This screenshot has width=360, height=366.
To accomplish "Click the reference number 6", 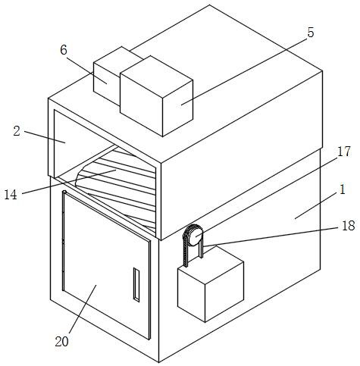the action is pyautogui.click(x=64, y=50).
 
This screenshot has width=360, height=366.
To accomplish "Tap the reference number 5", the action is pyautogui.click(x=311, y=33).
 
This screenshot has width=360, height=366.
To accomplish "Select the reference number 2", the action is pyautogui.click(x=17, y=131).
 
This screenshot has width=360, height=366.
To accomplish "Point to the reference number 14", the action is pyautogui.click(x=11, y=195).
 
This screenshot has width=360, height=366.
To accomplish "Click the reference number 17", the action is pyautogui.click(x=344, y=152).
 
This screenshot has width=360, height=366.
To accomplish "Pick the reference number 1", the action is pyautogui.click(x=343, y=189).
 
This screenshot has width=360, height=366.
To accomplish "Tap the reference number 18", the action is pyautogui.click(x=349, y=226).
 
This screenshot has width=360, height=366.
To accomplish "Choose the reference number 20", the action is pyautogui.click(x=62, y=342).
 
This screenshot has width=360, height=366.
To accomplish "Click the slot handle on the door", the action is pyautogui.click(x=136, y=285).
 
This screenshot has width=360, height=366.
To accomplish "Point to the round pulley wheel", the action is pyautogui.click(x=196, y=236).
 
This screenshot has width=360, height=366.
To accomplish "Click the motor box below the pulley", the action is pyautogui.click(x=211, y=283).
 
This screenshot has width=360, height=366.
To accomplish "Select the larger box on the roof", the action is pyautogui.click(x=156, y=96).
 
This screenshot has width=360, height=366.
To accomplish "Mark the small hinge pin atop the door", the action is pyautogui.click(x=64, y=192).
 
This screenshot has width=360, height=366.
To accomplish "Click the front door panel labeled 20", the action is pyautogui.click(x=106, y=265).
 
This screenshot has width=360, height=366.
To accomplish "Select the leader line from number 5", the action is pyautogui.click(x=244, y=71).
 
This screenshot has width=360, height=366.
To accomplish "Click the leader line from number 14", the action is pyautogui.click(x=69, y=182).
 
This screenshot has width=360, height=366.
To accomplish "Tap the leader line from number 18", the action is pyautogui.click(x=271, y=236).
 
